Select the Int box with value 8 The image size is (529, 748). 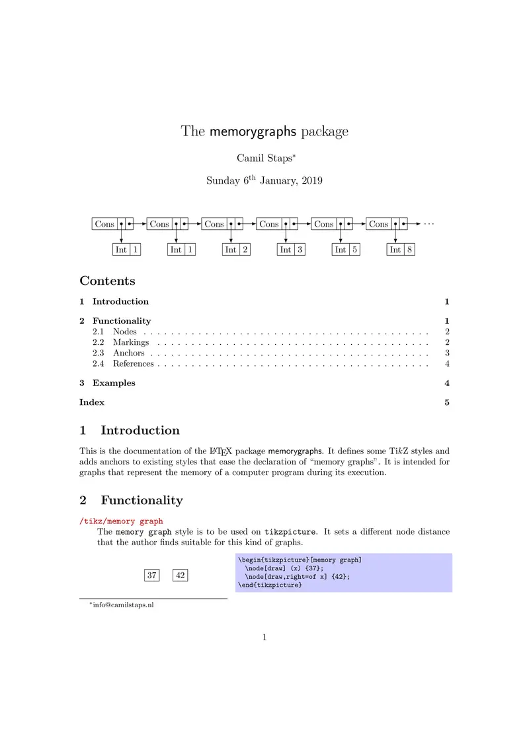[401, 250]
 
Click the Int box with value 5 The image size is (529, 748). [346, 250]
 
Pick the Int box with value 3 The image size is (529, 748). [291, 250]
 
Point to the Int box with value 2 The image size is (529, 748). [236, 250]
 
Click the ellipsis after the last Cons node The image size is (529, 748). [429, 224]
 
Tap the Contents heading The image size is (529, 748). [107, 281]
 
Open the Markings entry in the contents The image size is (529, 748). [131, 342]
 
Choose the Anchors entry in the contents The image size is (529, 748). [128, 353]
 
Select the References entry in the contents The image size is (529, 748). [133, 363]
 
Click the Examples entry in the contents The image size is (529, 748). [114, 383]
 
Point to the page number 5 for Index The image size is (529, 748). [447, 402]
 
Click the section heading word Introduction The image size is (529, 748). [140, 431]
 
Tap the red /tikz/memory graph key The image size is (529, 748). [121, 521]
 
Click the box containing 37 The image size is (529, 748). [152, 576]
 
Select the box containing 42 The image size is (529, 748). [181, 576]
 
